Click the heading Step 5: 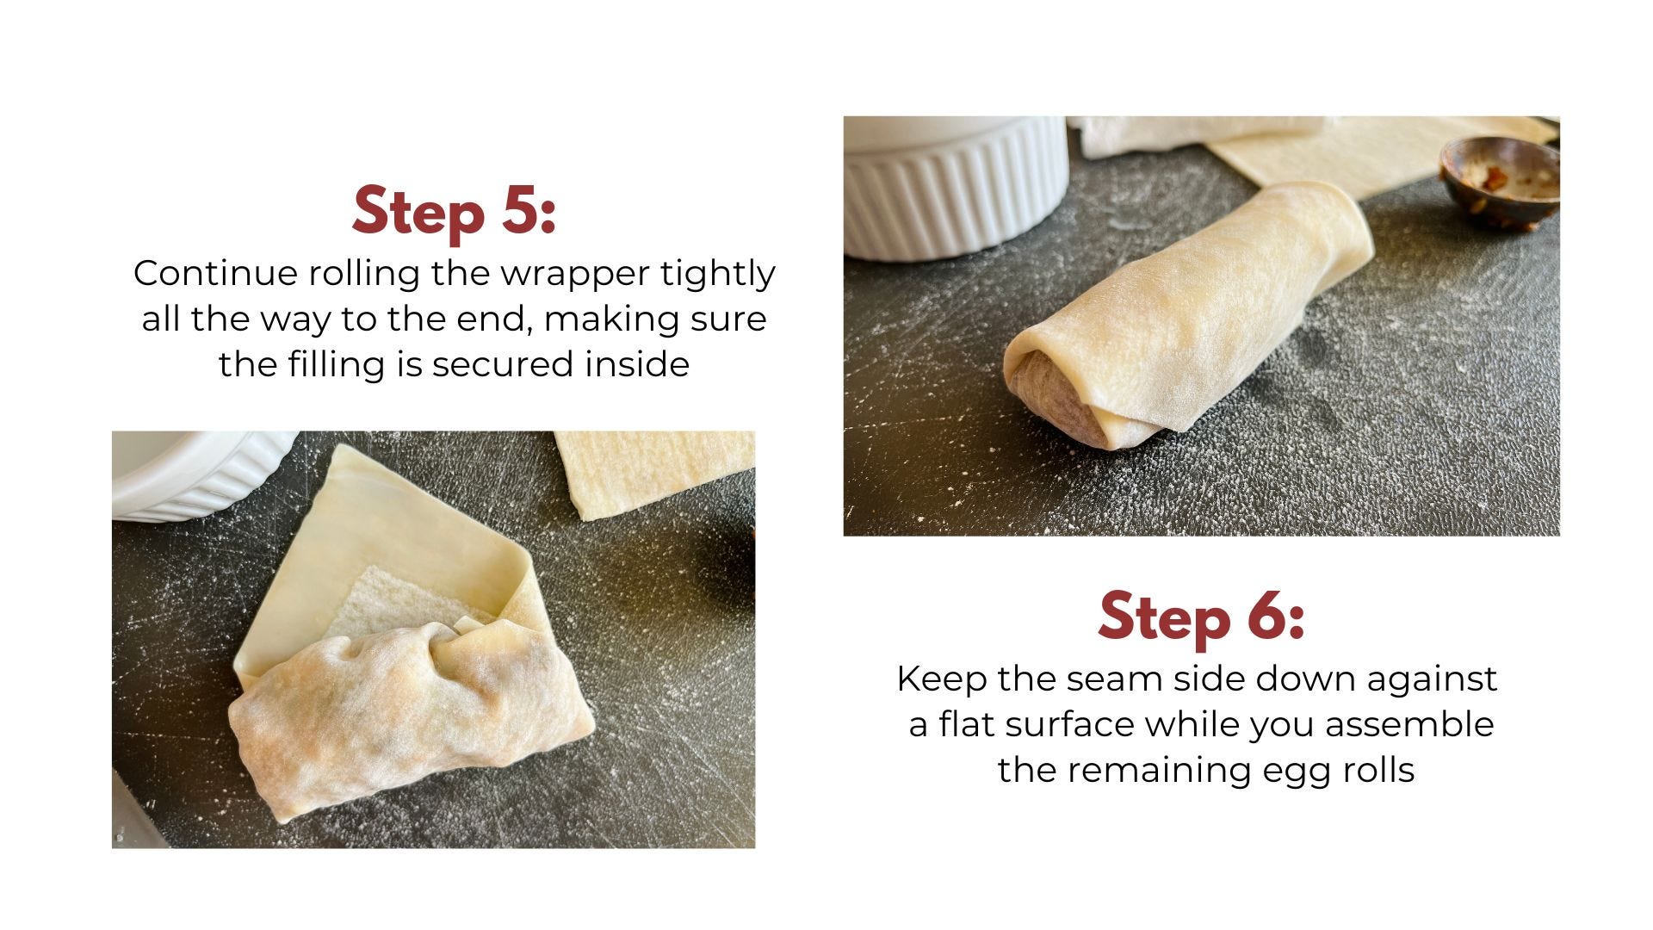(455, 210)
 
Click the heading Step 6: (1201, 617)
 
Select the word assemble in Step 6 (1409, 724)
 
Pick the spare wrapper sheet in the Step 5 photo (652, 473)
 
